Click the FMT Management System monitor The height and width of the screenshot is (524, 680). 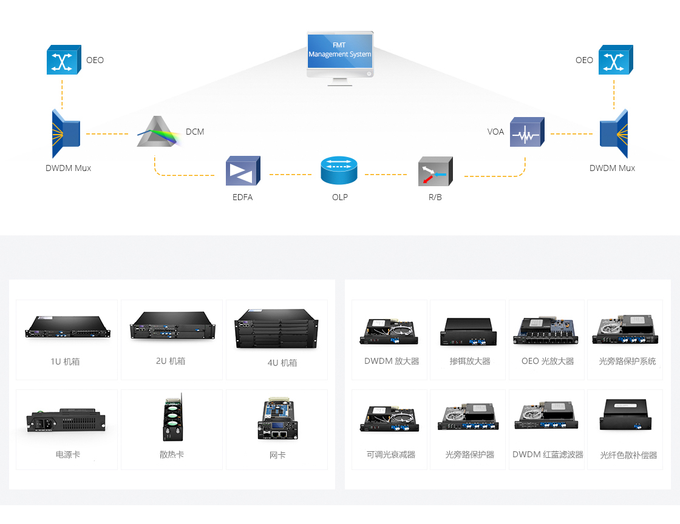tap(340, 58)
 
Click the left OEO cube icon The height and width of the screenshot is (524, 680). tap(64, 60)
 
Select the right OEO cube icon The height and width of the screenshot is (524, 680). tap(616, 60)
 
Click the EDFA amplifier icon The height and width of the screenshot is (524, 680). tap(243, 170)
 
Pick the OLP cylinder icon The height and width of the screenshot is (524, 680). tap(339, 170)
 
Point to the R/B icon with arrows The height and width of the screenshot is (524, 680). tap(435, 172)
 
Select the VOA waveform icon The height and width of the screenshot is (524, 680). tap(527, 132)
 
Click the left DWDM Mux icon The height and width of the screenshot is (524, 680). tap(66, 134)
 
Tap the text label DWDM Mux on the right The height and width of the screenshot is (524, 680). tap(612, 168)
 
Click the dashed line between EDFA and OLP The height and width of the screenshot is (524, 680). tap(291, 175)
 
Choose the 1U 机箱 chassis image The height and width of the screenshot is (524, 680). tap(67, 327)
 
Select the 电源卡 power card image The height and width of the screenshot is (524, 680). tap(66, 420)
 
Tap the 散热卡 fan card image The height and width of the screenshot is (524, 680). tap(172, 417)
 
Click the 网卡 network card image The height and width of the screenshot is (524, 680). tap(276, 418)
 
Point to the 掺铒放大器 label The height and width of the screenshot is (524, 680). tap(470, 361)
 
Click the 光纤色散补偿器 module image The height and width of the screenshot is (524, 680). tap(626, 415)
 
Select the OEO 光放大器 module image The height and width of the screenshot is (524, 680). tap(546, 331)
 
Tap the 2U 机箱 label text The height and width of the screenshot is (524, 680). tap(171, 361)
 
